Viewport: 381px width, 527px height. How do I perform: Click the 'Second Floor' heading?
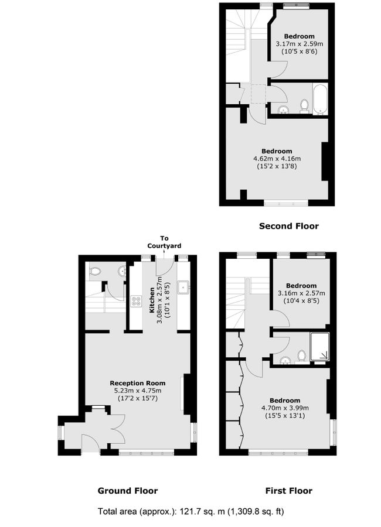coord(288,225)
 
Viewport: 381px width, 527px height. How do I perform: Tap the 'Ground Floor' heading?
coord(127,491)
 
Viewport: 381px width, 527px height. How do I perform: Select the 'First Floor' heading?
coord(288,491)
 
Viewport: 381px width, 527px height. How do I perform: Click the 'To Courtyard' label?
coord(164,242)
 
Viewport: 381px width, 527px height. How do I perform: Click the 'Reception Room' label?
coord(138,383)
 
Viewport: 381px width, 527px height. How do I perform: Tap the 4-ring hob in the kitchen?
coord(136,302)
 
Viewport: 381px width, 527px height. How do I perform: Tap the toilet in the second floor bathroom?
coord(304,106)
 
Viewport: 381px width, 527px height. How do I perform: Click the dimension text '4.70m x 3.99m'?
coord(285,408)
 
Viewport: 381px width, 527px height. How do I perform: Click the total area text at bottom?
coord(190,511)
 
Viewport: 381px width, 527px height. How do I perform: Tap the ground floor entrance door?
coord(90,443)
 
